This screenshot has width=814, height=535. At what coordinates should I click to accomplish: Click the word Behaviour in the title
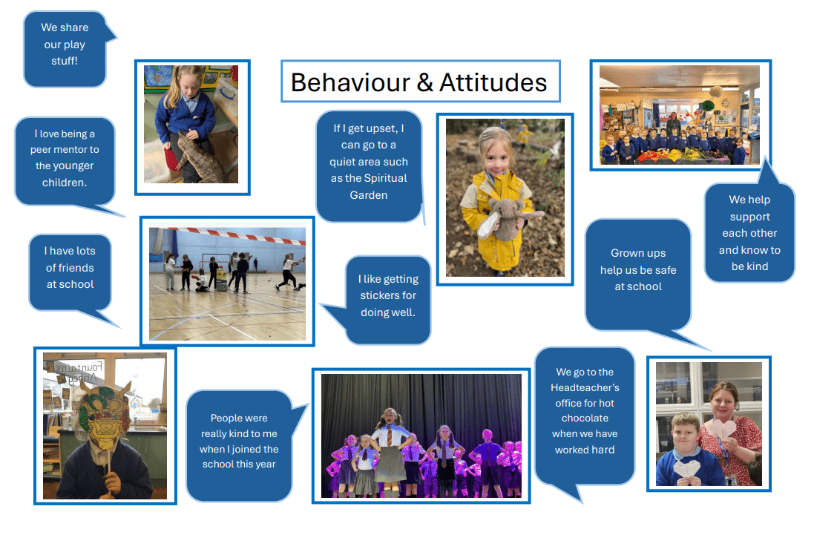pyautogui.click(x=350, y=82)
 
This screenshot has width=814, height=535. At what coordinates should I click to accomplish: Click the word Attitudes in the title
pyautogui.click(x=493, y=82)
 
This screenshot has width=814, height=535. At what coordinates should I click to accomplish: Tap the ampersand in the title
pyautogui.click(x=424, y=82)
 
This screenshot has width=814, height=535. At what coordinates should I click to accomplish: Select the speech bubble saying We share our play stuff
pyautogui.click(x=65, y=49)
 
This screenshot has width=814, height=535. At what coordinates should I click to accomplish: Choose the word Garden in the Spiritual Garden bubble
pyautogui.click(x=369, y=195)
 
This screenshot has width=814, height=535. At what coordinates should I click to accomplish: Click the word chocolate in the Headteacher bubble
pyautogui.click(x=585, y=419)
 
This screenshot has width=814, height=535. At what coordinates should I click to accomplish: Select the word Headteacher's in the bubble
pyautogui.click(x=585, y=387)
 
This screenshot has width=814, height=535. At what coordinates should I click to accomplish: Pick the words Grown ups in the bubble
pyautogui.click(x=638, y=253)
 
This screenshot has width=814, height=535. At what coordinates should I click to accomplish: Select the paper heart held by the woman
pyautogui.click(x=723, y=429)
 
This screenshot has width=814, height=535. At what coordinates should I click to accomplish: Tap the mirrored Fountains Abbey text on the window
pyautogui.click(x=79, y=372)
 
